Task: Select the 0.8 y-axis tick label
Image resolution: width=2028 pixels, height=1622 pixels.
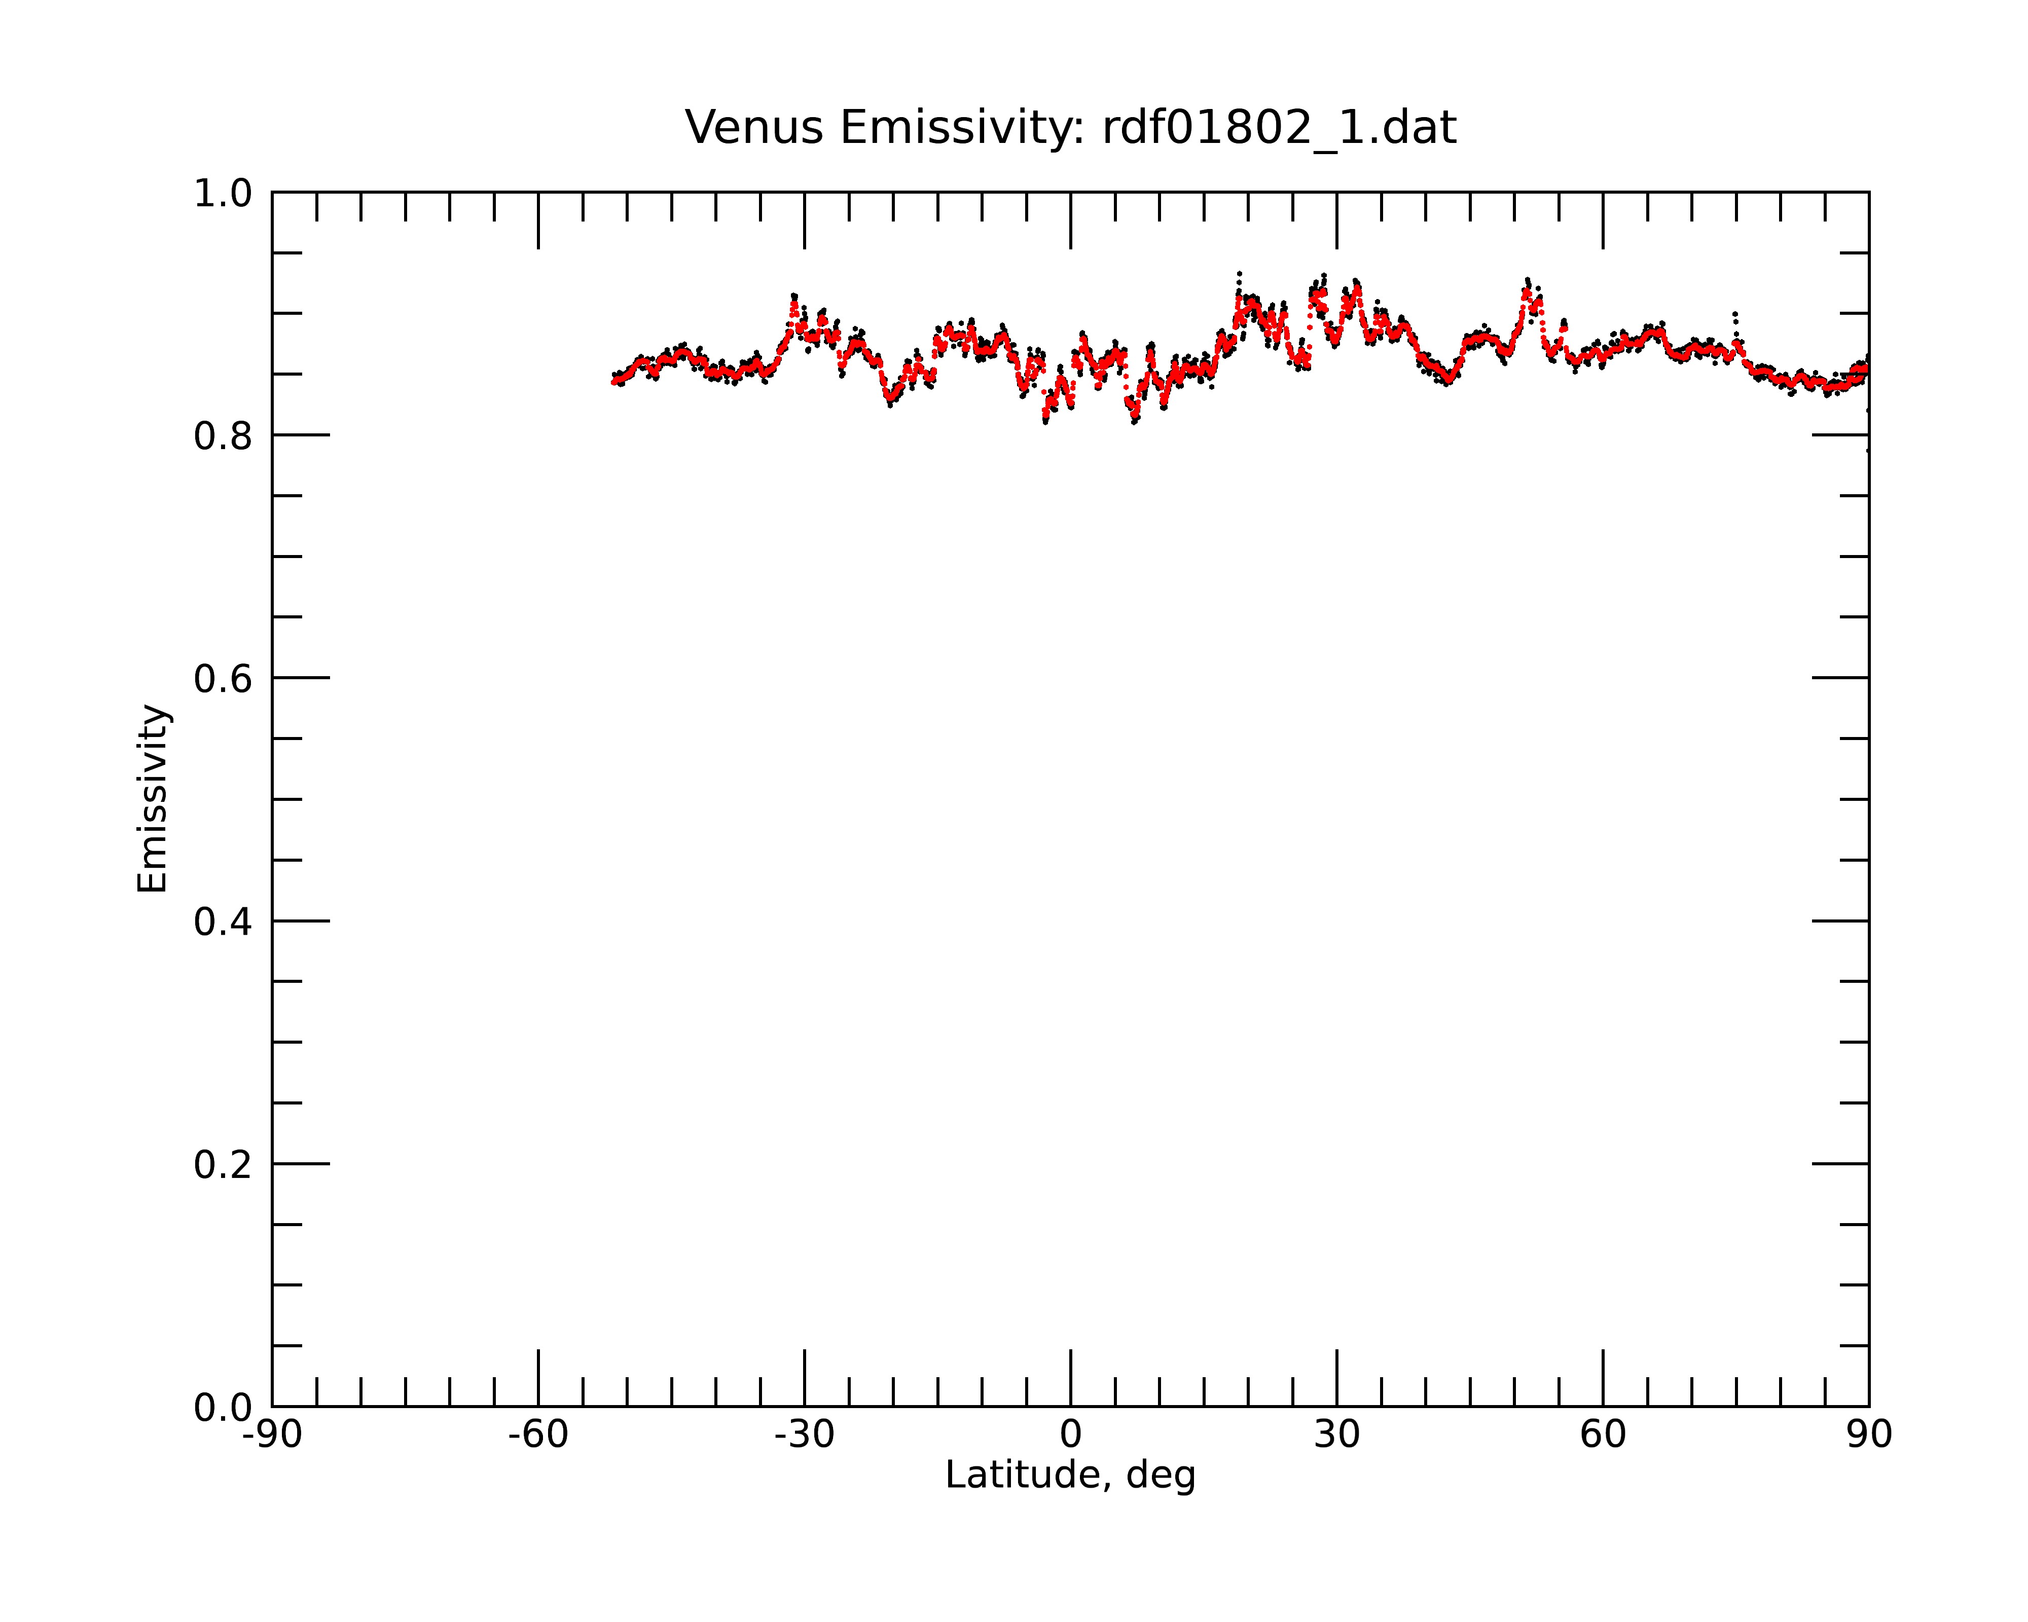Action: click(x=223, y=436)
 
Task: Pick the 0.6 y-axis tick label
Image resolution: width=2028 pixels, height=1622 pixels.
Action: click(x=223, y=679)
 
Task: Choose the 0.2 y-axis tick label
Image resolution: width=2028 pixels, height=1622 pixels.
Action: click(x=223, y=1165)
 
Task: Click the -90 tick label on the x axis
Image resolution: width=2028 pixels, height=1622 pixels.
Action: click(x=272, y=1435)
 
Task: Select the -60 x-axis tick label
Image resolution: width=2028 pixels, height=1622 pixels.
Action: click(x=538, y=1435)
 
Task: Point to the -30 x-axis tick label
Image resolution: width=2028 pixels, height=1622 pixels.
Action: click(x=804, y=1435)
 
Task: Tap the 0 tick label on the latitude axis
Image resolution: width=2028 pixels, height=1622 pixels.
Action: click(x=1070, y=1435)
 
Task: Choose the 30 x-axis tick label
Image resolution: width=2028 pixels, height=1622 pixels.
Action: click(x=1336, y=1435)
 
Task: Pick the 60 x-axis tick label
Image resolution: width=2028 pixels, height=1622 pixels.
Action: click(x=1603, y=1435)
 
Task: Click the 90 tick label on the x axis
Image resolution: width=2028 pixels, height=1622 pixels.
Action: click(x=1869, y=1435)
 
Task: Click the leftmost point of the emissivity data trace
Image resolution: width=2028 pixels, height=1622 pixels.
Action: click(x=613, y=382)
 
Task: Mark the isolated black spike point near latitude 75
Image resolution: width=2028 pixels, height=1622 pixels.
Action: click(x=1734, y=314)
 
